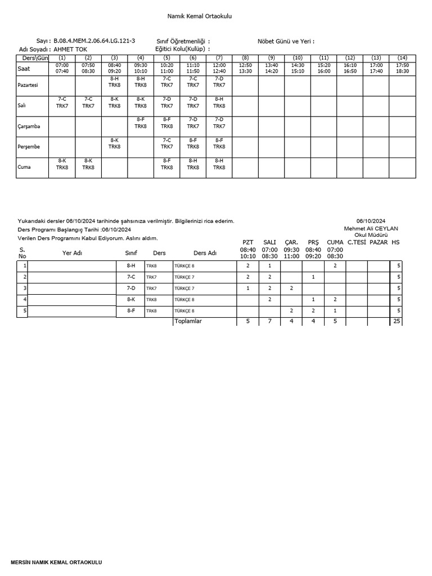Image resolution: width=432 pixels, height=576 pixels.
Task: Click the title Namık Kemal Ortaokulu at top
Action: [200, 16]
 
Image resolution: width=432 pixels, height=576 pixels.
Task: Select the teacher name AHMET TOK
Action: [70, 49]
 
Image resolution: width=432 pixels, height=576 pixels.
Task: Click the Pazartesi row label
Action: [29, 85]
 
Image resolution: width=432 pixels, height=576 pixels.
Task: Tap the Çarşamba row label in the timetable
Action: [30, 127]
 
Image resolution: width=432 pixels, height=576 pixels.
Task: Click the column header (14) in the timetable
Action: [402, 58]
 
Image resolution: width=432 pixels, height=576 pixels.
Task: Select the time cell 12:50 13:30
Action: [245, 68]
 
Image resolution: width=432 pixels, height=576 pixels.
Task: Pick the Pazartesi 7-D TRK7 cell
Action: [219, 82]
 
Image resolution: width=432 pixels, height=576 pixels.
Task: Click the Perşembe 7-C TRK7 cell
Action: [166, 143]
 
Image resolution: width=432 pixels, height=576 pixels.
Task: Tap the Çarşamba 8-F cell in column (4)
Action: [141, 123]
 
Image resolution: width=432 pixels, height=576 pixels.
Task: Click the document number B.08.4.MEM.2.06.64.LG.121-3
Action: [94, 41]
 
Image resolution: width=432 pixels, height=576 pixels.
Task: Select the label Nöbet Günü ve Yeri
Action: [286, 41]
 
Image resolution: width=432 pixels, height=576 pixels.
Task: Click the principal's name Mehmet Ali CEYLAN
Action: [371, 228]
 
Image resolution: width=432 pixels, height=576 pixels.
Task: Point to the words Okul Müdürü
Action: [371, 235]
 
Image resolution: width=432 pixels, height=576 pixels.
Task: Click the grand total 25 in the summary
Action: [397, 321]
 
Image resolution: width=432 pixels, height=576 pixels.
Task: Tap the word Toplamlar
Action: [188, 321]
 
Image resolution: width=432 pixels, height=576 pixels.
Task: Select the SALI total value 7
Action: [269, 321]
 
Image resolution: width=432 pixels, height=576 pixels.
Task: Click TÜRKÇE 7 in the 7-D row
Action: [184, 288]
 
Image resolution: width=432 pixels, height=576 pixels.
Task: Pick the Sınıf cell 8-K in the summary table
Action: [130, 299]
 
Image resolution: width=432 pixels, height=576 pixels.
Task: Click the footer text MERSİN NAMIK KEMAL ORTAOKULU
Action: [57, 562]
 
